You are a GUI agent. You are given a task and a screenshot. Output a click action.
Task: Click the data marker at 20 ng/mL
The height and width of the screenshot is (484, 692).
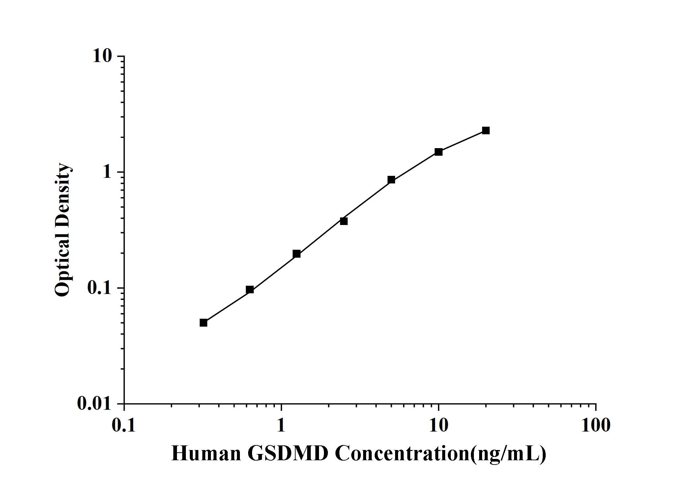[x=486, y=131]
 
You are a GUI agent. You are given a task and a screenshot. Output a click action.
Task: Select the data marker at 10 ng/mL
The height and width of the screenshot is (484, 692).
[x=439, y=152]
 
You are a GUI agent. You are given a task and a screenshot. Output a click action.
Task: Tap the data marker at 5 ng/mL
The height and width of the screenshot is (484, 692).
[x=391, y=180]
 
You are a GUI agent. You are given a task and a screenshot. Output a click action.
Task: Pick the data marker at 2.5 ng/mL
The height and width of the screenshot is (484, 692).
[x=344, y=221]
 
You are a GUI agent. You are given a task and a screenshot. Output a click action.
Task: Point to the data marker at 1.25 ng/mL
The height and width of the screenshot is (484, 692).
[x=297, y=254]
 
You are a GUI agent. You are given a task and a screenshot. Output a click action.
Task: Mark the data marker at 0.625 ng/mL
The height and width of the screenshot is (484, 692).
[x=250, y=290]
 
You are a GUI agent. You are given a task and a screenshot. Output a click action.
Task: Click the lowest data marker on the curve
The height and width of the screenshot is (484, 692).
[x=203, y=323]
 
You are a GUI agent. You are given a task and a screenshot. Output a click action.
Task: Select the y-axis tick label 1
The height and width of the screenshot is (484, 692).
[x=107, y=172]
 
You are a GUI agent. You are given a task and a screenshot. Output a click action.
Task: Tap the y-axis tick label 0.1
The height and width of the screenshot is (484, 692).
[x=100, y=288]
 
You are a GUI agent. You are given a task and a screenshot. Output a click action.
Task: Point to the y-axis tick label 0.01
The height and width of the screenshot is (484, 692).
[x=95, y=403]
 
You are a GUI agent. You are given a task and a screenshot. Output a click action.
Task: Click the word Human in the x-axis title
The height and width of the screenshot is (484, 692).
[x=206, y=453]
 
